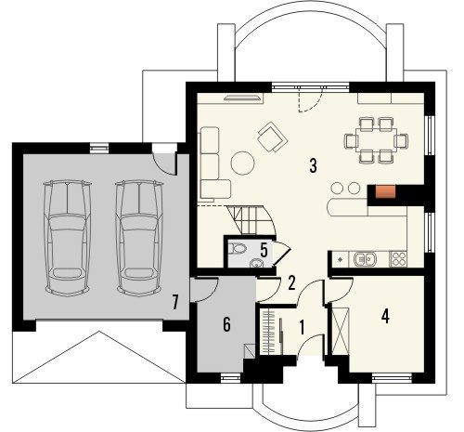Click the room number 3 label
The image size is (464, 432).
pyautogui.click(x=314, y=165)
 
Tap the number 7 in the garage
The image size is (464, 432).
pyautogui.click(x=175, y=302)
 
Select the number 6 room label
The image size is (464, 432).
pyautogui.click(x=226, y=324)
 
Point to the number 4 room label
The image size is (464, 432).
pyautogui.click(x=385, y=316)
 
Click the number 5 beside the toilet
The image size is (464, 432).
pyautogui.click(x=264, y=250)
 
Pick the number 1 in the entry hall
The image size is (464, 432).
pyautogui.click(x=303, y=327)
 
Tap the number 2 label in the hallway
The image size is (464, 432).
pyautogui.click(x=291, y=283)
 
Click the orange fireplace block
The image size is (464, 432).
pyautogui.click(x=385, y=191)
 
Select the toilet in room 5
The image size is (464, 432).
pyautogui.click(x=238, y=248)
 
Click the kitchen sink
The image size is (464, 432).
pyautogui.click(x=366, y=259)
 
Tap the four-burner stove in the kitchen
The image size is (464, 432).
pyautogui.click(x=398, y=259)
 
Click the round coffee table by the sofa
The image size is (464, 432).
pyautogui.click(x=243, y=163)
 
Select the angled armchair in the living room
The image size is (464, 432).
pyautogui.click(x=273, y=137)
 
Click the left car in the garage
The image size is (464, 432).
pyautogui.click(x=68, y=238)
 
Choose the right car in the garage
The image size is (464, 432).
pyautogui.click(x=139, y=238)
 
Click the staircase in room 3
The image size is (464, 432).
pyautogui.click(x=251, y=220)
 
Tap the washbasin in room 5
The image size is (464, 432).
pyautogui.click(x=256, y=263)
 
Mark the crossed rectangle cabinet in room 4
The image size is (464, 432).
pyautogui.click(x=341, y=331)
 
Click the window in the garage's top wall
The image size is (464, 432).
pyautogui.click(x=99, y=148)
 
